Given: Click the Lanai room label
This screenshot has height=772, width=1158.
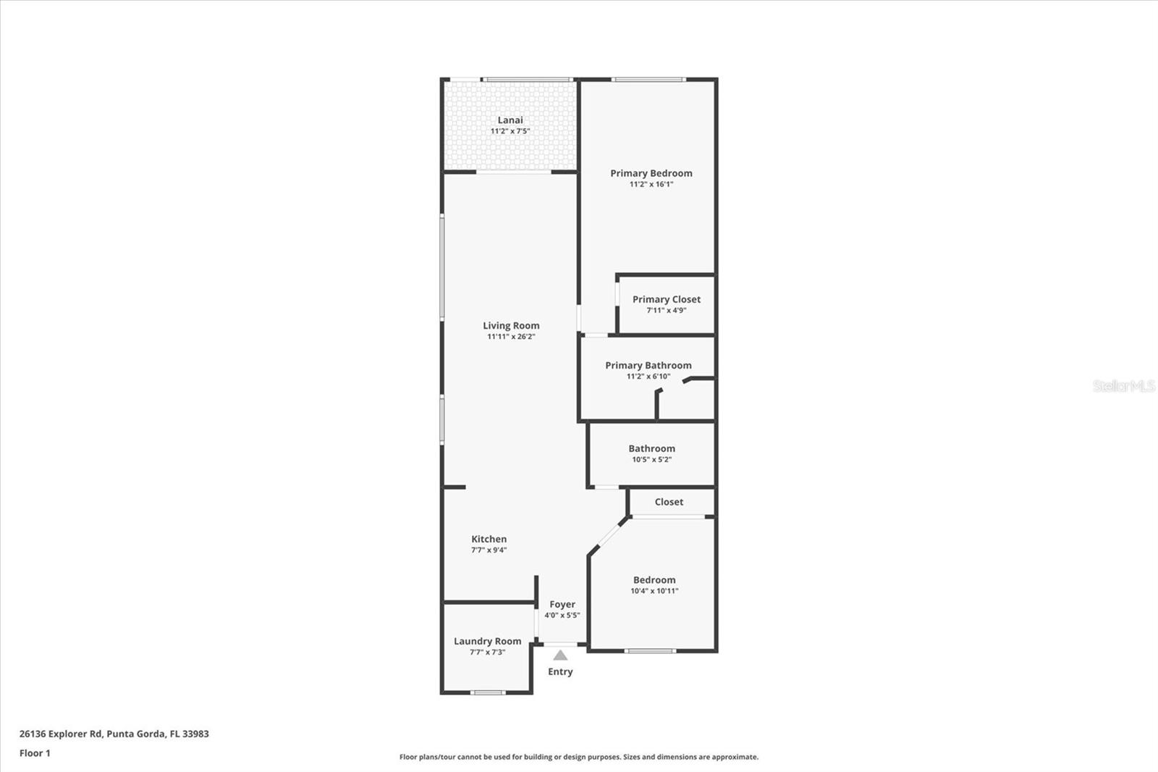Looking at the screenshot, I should [510, 120].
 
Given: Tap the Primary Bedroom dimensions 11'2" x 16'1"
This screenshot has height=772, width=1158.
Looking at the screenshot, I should [651, 185].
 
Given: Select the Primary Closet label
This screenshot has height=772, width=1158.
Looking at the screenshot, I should [666, 299].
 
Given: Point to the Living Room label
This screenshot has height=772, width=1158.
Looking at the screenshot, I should [511, 326].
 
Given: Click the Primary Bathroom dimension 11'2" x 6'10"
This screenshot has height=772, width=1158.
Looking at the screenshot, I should [648, 377].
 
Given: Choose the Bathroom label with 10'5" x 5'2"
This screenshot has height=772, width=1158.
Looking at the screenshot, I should [651, 449].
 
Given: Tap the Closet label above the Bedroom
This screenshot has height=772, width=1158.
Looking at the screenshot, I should [669, 502].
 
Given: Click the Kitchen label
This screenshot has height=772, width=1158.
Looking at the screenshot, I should [489, 539].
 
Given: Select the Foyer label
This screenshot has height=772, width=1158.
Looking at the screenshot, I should [562, 604].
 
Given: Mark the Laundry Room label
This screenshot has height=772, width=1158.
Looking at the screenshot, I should [487, 641].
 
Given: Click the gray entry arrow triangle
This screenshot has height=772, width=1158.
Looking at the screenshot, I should [560, 655].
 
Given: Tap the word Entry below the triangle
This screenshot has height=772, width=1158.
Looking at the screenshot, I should [560, 672].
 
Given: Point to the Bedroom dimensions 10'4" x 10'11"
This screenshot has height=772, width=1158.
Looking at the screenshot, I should [654, 591].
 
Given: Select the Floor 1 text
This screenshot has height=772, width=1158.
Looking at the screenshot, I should [35, 753].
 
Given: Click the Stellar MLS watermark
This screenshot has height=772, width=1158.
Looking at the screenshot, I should [1123, 386].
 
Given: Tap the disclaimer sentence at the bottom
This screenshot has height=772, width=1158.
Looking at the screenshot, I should [579, 757].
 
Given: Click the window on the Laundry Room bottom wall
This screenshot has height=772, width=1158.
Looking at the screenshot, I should [488, 693].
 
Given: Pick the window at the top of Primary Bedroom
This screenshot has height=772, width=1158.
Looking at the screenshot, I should [648, 79].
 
